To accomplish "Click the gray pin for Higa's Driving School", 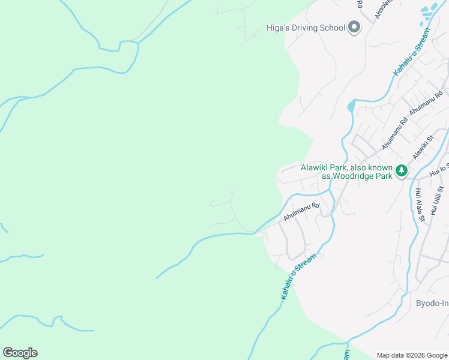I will point(354,28).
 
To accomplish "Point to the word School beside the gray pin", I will point(334,28).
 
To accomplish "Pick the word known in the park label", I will point(380,167).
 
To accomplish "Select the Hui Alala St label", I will point(420,205).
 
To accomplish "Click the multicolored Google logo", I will point(20,353).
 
